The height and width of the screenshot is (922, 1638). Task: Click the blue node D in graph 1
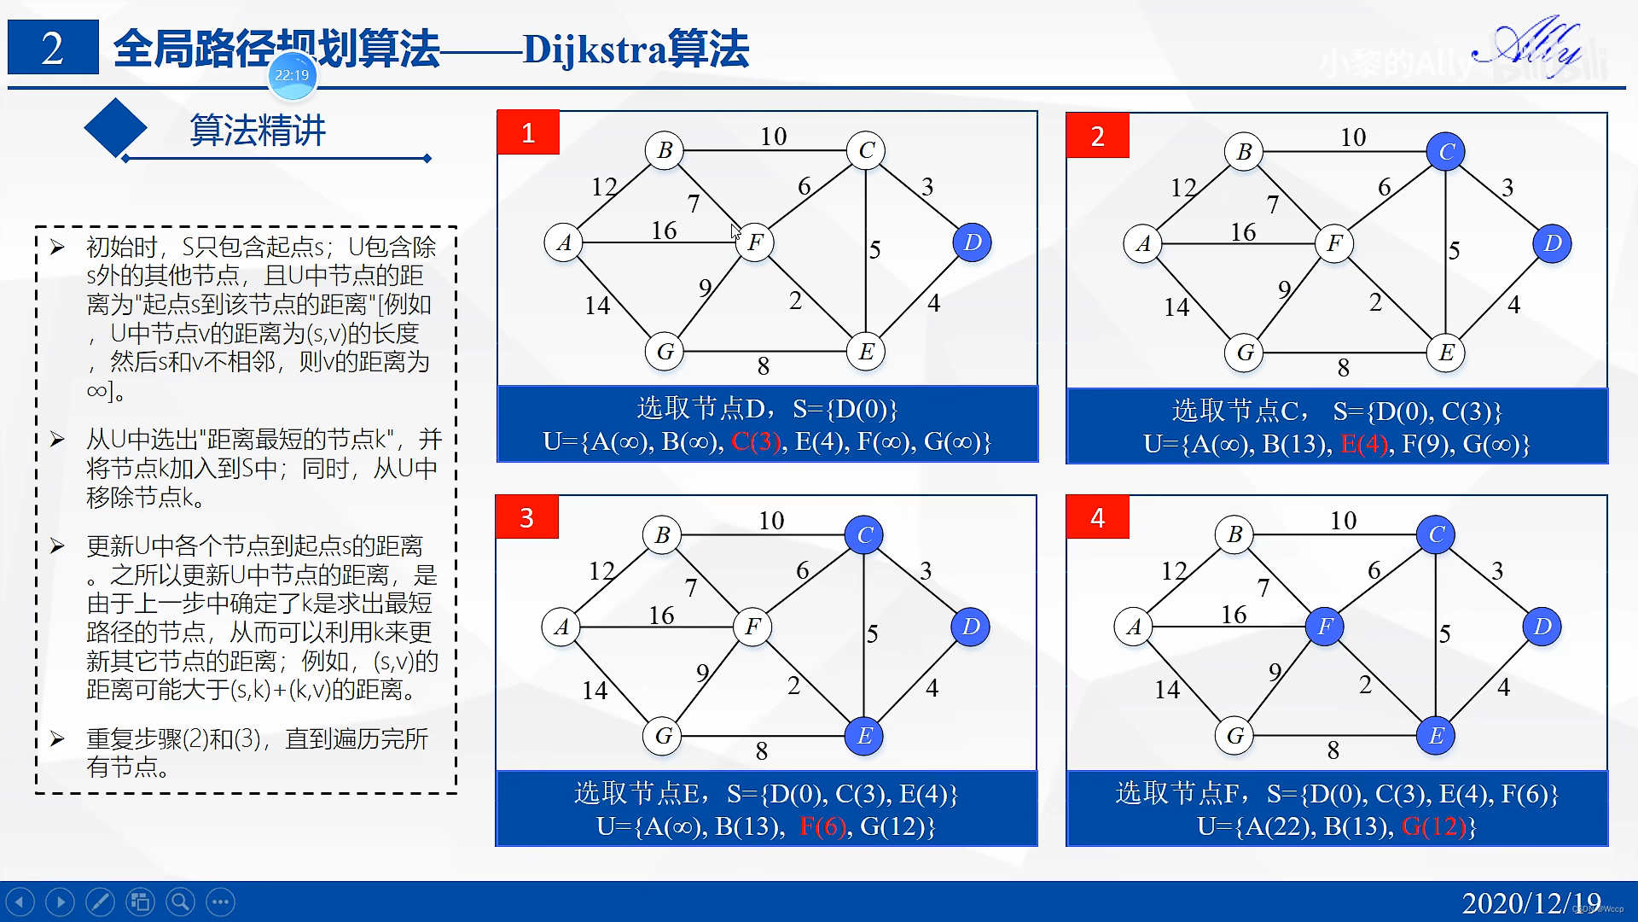[972, 242]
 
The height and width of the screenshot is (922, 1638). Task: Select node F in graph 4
[1324, 627]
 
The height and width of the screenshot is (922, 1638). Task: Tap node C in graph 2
[1446, 152]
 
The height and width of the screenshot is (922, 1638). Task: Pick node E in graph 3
[864, 736]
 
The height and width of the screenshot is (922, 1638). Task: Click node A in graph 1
[563, 242]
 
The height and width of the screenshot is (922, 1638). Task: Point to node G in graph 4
[1234, 736]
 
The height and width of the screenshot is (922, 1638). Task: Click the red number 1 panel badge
[528, 133]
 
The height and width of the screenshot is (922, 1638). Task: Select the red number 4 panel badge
[1097, 517]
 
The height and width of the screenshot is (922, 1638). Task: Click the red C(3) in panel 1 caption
[756, 442]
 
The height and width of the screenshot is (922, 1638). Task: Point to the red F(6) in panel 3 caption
[822, 826]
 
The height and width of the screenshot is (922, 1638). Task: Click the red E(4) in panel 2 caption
[1364, 444]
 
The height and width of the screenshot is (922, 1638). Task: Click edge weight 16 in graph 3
[661, 615]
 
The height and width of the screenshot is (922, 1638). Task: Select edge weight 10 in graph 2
[1353, 137]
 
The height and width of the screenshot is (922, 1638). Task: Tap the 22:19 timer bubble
[292, 75]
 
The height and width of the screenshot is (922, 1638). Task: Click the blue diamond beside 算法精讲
[115, 129]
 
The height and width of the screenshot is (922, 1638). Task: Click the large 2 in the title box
[52, 49]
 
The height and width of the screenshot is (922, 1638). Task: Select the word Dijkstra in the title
[594, 50]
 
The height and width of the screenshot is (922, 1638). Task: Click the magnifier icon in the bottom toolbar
[179, 902]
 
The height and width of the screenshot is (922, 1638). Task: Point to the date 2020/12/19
[1531, 903]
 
